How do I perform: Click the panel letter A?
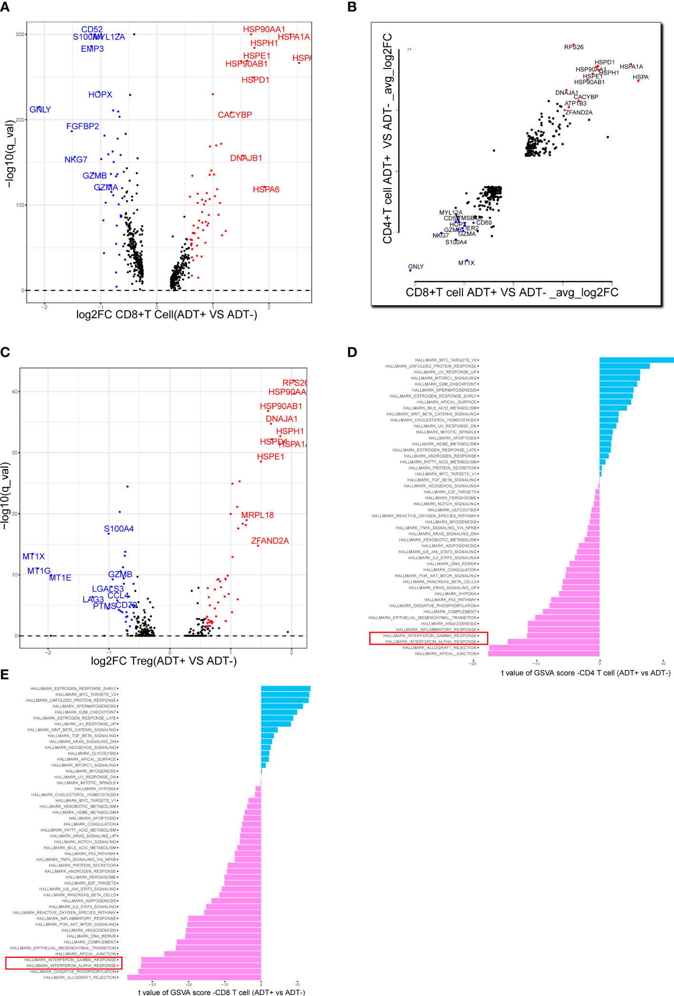click(x=5, y=8)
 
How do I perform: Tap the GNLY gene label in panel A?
click(x=40, y=110)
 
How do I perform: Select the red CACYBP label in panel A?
click(x=235, y=115)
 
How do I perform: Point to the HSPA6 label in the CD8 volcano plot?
click(x=266, y=190)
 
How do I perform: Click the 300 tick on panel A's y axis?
click(x=19, y=35)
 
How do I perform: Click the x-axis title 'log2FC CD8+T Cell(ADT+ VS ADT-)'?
click(x=166, y=315)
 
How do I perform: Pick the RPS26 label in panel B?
click(x=574, y=47)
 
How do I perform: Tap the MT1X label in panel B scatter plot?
click(x=466, y=263)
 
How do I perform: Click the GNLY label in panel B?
click(x=415, y=267)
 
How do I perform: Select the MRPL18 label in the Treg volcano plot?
click(x=257, y=515)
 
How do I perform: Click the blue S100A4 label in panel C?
click(x=119, y=529)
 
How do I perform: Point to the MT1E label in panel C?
click(x=60, y=578)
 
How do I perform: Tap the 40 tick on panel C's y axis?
click(x=14, y=392)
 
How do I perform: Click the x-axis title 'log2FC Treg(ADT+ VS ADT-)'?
click(x=164, y=661)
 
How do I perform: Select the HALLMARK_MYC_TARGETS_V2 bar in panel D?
click(x=636, y=360)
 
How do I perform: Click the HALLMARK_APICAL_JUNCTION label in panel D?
click(x=445, y=654)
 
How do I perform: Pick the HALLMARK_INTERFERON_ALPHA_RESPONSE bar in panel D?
click(x=553, y=642)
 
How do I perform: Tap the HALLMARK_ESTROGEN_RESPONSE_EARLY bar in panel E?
click(x=285, y=689)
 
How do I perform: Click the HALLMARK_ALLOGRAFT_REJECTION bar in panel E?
click(x=194, y=977)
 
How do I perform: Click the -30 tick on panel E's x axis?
click(x=153, y=984)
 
